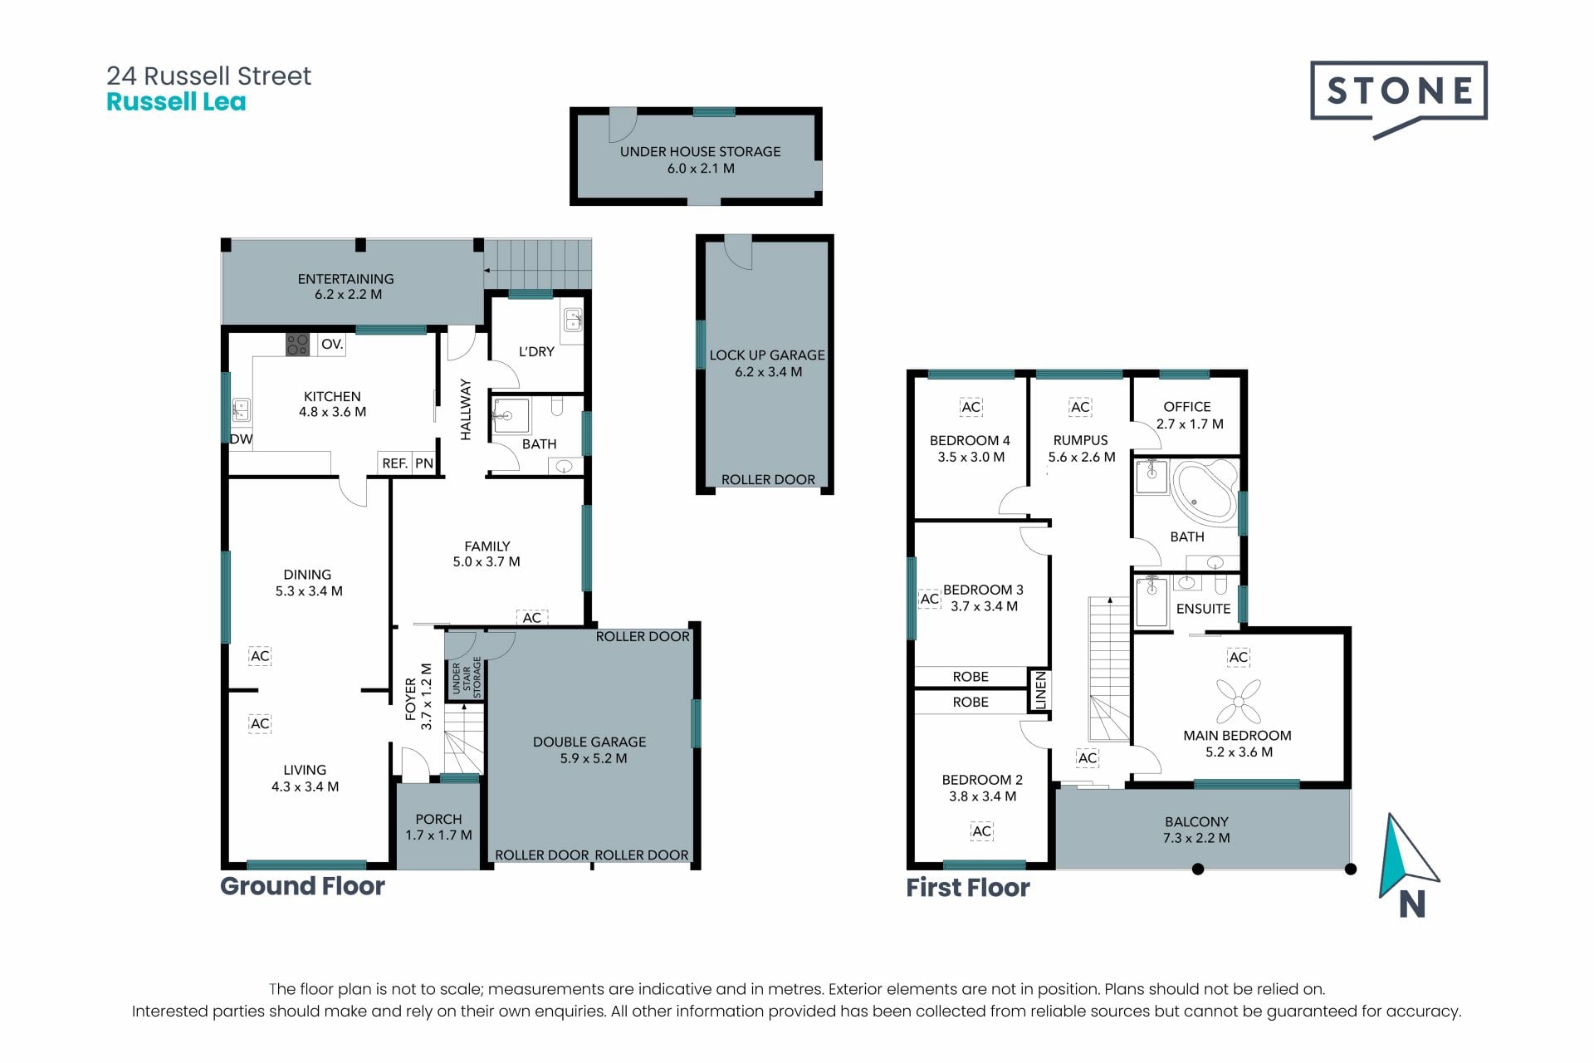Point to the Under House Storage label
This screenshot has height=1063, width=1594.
700,151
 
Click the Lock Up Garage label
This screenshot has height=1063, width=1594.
767,355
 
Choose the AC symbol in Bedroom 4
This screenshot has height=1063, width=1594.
971,407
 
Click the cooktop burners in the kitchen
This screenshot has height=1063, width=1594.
297,345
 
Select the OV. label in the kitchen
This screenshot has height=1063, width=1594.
332,344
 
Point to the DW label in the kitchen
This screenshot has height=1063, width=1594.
241,439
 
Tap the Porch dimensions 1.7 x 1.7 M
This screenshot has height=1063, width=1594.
438,835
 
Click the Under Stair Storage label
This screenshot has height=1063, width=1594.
467,678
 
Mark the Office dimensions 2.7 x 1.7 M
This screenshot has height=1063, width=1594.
1190,424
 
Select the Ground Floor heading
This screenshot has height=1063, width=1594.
302,886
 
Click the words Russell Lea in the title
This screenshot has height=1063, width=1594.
176,102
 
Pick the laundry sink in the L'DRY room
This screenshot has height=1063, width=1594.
572,321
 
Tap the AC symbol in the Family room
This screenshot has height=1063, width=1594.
531,618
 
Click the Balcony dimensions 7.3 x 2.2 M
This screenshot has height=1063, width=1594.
1196,838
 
